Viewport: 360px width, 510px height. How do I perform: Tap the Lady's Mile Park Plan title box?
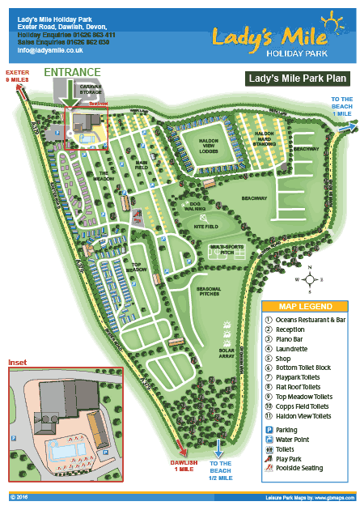(296, 79)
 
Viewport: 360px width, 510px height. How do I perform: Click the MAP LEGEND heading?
(305, 307)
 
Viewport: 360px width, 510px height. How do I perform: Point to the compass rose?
(309, 278)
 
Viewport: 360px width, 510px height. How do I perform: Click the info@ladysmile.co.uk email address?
(50, 50)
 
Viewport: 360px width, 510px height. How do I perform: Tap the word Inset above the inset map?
(18, 361)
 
